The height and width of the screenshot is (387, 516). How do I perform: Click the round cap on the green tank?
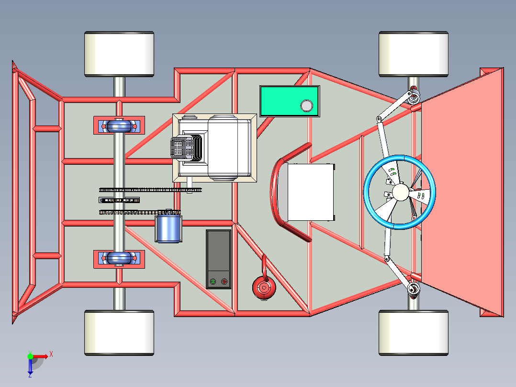(x=306, y=105)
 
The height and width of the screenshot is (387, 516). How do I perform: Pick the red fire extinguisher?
(x=264, y=287)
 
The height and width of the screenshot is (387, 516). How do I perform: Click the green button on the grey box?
(x=213, y=282)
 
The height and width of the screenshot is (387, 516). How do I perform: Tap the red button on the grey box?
(x=224, y=282)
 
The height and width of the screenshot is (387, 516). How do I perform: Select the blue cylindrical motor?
(x=168, y=228)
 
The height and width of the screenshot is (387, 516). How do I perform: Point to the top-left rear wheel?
(x=119, y=54)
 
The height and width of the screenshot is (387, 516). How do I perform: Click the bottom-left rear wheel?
(x=119, y=332)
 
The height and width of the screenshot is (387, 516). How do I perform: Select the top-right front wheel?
(x=414, y=54)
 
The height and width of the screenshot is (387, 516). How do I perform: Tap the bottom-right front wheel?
(x=414, y=332)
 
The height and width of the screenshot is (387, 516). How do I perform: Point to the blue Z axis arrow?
(x=30, y=368)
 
